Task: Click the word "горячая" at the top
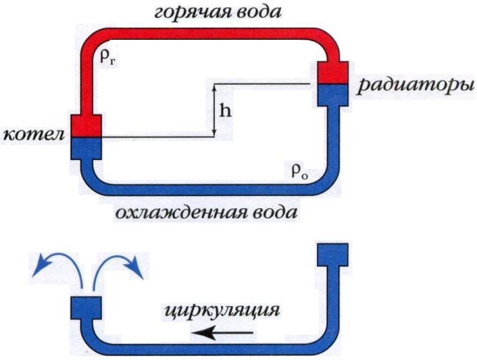pyautogui.click(x=190, y=13)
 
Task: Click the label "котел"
pyautogui.click(x=33, y=134)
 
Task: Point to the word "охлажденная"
pyautogui.click(x=182, y=212)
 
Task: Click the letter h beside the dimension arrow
pyautogui.click(x=226, y=111)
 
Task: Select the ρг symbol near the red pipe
pyautogui.click(x=109, y=58)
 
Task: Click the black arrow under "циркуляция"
pyautogui.click(x=222, y=332)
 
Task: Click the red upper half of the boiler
pyautogui.click(x=86, y=126)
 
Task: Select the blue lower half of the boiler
pyautogui.click(x=86, y=148)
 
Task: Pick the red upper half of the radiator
pyautogui.click(x=333, y=72)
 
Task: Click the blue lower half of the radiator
pyautogui.click(x=333, y=95)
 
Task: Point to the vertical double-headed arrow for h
pyautogui.click(x=214, y=111)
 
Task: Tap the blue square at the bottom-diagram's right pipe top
pyautogui.click(x=333, y=255)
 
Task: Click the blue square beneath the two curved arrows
pyautogui.click(x=86, y=308)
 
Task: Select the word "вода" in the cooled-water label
pyautogui.click(x=276, y=212)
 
